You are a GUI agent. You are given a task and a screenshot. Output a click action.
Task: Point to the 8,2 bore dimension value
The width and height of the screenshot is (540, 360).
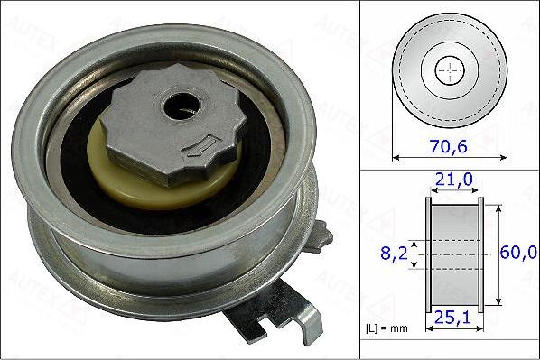[394, 255]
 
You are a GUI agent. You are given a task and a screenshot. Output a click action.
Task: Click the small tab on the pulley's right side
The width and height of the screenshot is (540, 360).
[321, 235]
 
